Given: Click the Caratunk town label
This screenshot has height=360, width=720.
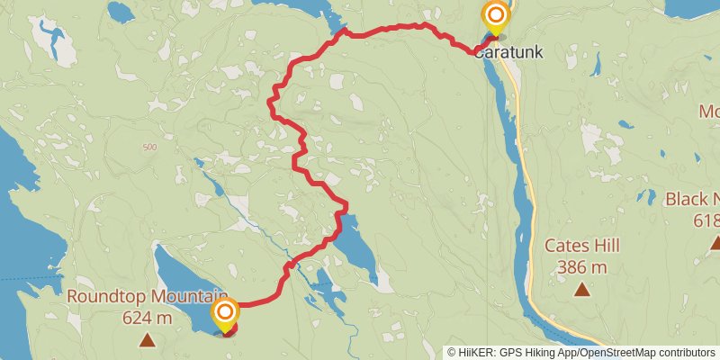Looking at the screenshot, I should (x=509, y=52).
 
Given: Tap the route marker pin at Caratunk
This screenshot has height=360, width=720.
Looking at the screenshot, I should (x=496, y=17).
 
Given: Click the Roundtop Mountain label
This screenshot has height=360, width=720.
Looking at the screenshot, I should (x=146, y=296).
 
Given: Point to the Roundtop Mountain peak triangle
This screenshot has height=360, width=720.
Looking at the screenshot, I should (x=146, y=340).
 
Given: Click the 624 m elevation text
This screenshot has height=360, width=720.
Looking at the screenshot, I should (x=146, y=317).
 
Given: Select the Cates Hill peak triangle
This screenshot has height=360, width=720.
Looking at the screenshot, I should (x=582, y=289).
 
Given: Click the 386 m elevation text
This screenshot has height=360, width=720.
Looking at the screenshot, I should (x=582, y=266).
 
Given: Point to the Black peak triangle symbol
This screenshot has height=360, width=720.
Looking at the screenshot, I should (x=715, y=242).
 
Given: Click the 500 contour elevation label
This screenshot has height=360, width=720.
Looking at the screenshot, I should (x=149, y=147).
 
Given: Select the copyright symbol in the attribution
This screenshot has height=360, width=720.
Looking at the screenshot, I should (x=452, y=352).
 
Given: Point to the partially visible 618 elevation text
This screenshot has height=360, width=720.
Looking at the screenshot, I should (x=706, y=220).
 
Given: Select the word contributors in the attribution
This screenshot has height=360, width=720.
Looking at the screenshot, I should (x=686, y=352).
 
